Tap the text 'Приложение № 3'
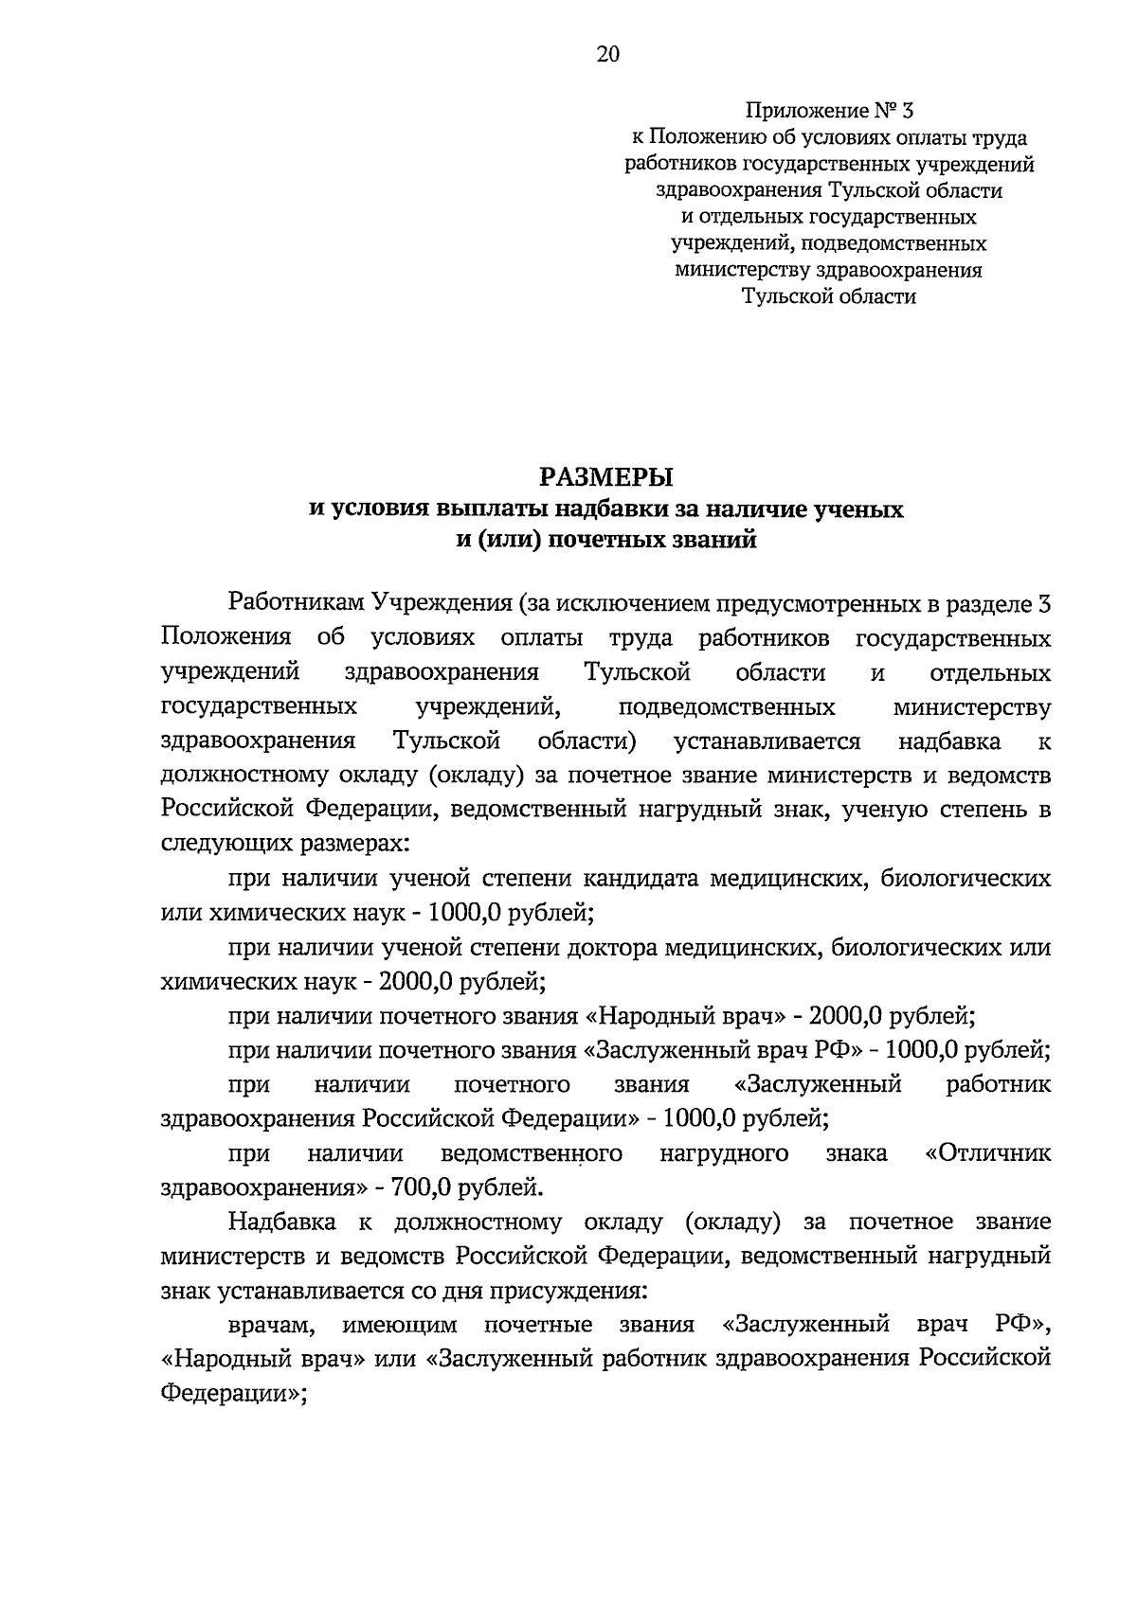[x=829, y=111]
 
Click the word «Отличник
[x=987, y=1153]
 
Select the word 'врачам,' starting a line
[x=270, y=1324]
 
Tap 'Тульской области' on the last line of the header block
[x=829, y=296]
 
